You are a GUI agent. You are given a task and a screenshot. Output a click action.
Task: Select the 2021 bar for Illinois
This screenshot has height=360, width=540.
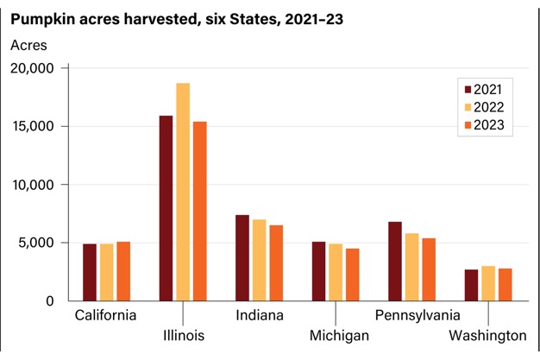(x=166, y=208)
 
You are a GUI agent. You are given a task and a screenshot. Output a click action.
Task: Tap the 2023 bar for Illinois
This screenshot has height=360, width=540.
(x=200, y=212)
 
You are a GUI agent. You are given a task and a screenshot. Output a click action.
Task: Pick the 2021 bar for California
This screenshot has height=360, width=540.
(x=90, y=272)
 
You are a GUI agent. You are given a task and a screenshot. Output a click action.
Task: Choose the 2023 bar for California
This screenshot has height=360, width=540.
(x=124, y=271)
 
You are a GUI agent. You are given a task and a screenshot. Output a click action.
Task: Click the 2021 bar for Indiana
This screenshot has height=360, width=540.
(x=242, y=258)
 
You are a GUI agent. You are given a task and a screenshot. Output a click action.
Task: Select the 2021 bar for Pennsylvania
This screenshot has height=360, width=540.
(x=394, y=262)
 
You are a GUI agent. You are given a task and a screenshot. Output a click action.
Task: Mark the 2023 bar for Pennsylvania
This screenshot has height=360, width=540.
(x=429, y=269)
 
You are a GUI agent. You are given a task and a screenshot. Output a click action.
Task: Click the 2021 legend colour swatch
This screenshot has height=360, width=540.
(x=468, y=89)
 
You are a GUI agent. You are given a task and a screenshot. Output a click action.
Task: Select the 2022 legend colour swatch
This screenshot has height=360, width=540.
(x=468, y=108)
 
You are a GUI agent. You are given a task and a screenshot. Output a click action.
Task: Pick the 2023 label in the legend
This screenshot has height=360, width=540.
(x=489, y=126)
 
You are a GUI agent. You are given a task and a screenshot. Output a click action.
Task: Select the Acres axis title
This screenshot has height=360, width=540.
(x=28, y=44)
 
